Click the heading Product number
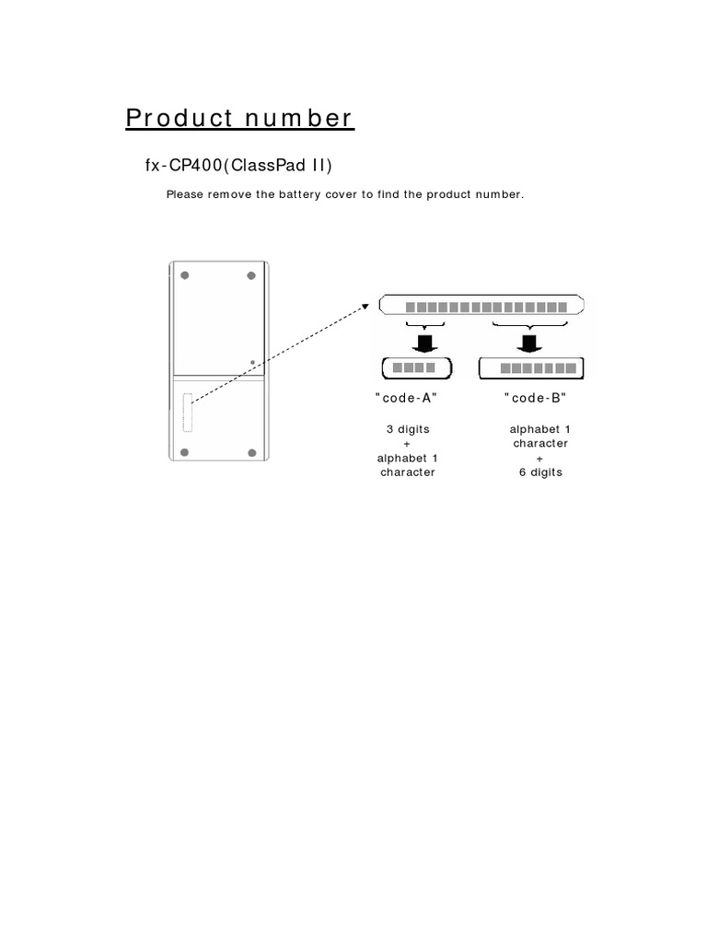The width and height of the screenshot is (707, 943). click(x=238, y=119)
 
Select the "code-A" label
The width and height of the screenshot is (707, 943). click(x=406, y=398)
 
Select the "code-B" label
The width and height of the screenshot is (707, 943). click(x=536, y=398)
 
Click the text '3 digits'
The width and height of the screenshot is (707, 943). click(x=407, y=429)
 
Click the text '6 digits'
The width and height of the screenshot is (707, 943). click(x=540, y=472)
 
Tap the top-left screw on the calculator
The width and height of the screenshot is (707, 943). click(x=185, y=275)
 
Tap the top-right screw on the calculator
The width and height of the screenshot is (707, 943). click(x=251, y=275)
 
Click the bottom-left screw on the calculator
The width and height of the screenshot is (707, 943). click(x=185, y=451)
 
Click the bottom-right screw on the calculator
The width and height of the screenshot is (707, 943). click(x=251, y=451)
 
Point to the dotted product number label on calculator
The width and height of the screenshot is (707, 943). click(x=188, y=412)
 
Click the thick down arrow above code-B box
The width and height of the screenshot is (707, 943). click(x=528, y=343)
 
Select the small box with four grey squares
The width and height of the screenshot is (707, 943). click(x=416, y=368)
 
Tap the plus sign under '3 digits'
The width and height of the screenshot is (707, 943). click(x=407, y=444)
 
